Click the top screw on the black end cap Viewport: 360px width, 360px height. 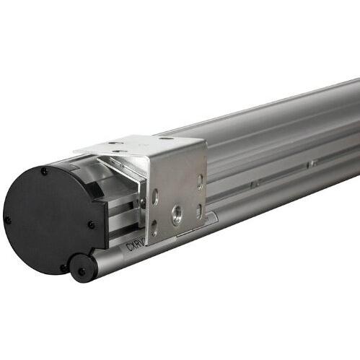45,172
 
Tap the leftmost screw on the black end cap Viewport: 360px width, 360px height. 8,219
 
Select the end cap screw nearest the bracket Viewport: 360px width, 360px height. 92,224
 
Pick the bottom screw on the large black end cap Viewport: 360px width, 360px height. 63,268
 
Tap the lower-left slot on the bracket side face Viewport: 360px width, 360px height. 154,229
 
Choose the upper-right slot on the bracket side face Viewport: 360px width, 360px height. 200,181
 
